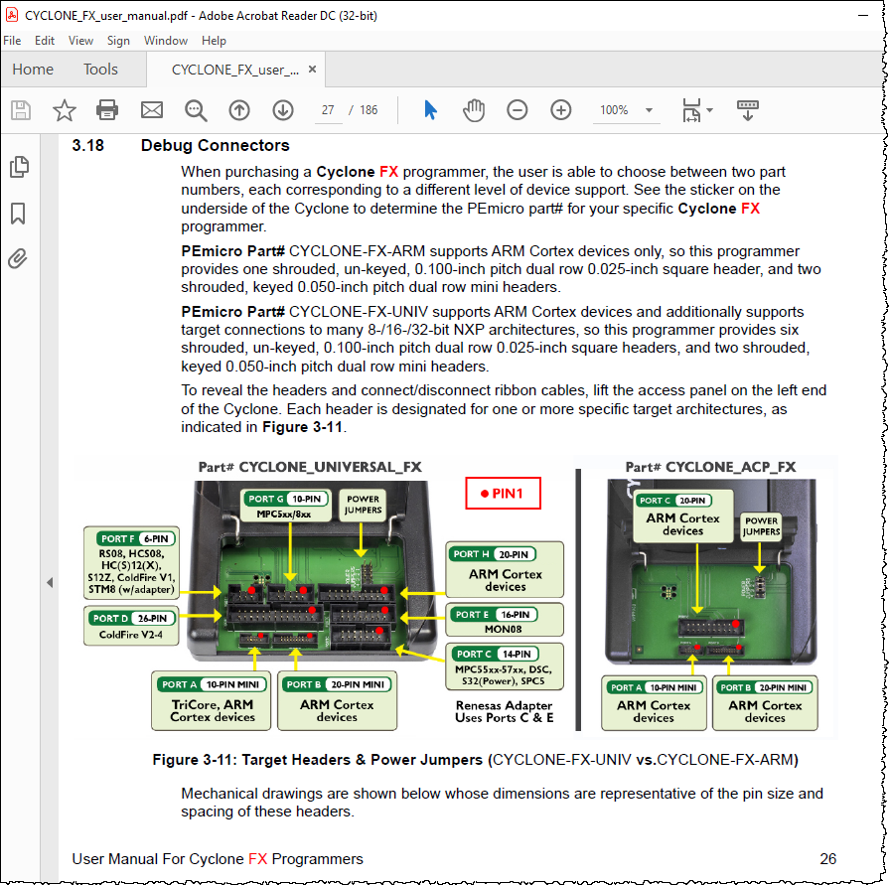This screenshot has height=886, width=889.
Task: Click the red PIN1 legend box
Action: click(503, 494)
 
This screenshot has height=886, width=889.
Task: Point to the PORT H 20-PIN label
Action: click(505, 569)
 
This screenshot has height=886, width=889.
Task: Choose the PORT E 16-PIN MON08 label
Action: click(505, 621)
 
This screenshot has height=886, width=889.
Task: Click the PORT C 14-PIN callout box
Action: click(505, 666)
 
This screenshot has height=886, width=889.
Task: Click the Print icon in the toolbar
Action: click(107, 110)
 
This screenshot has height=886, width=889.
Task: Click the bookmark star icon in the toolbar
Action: click(64, 110)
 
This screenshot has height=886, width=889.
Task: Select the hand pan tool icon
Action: click(474, 110)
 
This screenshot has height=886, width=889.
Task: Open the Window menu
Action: click(166, 41)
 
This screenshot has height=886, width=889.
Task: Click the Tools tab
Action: click(100, 70)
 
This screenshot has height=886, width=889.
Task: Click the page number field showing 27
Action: click(329, 110)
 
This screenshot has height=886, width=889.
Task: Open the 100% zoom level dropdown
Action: click(626, 110)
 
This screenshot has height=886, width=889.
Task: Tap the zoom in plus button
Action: click(561, 110)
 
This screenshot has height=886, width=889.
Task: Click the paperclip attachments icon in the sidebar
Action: click(18, 259)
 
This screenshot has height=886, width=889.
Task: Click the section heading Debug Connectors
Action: click(216, 145)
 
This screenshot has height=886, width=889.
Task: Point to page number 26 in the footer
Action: click(827, 859)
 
